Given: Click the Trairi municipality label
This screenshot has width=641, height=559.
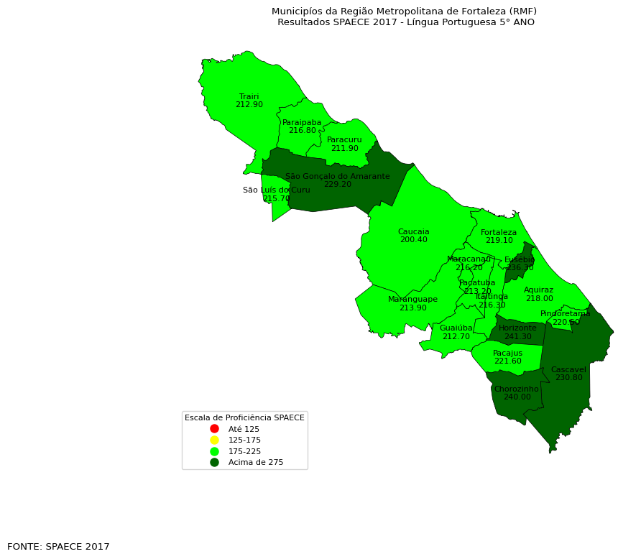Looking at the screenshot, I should (249, 96).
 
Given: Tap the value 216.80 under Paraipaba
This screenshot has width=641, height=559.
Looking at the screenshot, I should (302, 131).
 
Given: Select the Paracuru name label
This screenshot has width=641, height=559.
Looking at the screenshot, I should (344, 139).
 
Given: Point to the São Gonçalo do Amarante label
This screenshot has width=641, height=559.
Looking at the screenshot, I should (337, 176).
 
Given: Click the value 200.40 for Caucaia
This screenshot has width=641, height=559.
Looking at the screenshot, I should (413, 240).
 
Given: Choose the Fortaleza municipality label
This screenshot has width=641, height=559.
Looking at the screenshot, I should (499, 232).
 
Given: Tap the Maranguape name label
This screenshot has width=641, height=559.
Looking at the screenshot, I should (412, 299).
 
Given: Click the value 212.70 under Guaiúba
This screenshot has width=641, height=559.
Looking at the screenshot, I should (456, 336).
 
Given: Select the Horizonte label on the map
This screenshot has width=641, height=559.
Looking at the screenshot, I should (517, 328).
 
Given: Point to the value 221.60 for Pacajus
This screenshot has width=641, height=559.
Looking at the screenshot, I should (507, 361).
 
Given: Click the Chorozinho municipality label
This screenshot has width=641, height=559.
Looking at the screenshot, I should (516, 389).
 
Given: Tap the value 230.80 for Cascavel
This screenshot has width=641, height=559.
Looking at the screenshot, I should (568, 378).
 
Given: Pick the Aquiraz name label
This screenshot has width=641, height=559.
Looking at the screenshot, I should (538, 290).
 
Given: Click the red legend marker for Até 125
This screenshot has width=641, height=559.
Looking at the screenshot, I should (214, 429).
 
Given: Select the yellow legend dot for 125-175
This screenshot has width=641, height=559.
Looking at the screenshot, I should (214, 440).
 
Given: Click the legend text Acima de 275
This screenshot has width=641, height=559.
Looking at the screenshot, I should (255, 463).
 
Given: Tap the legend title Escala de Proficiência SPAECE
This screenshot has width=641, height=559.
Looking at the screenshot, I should (244, 417).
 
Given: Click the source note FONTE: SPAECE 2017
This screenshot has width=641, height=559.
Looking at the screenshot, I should (58, 547).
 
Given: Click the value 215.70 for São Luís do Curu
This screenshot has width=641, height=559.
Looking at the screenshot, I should (276, 199).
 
